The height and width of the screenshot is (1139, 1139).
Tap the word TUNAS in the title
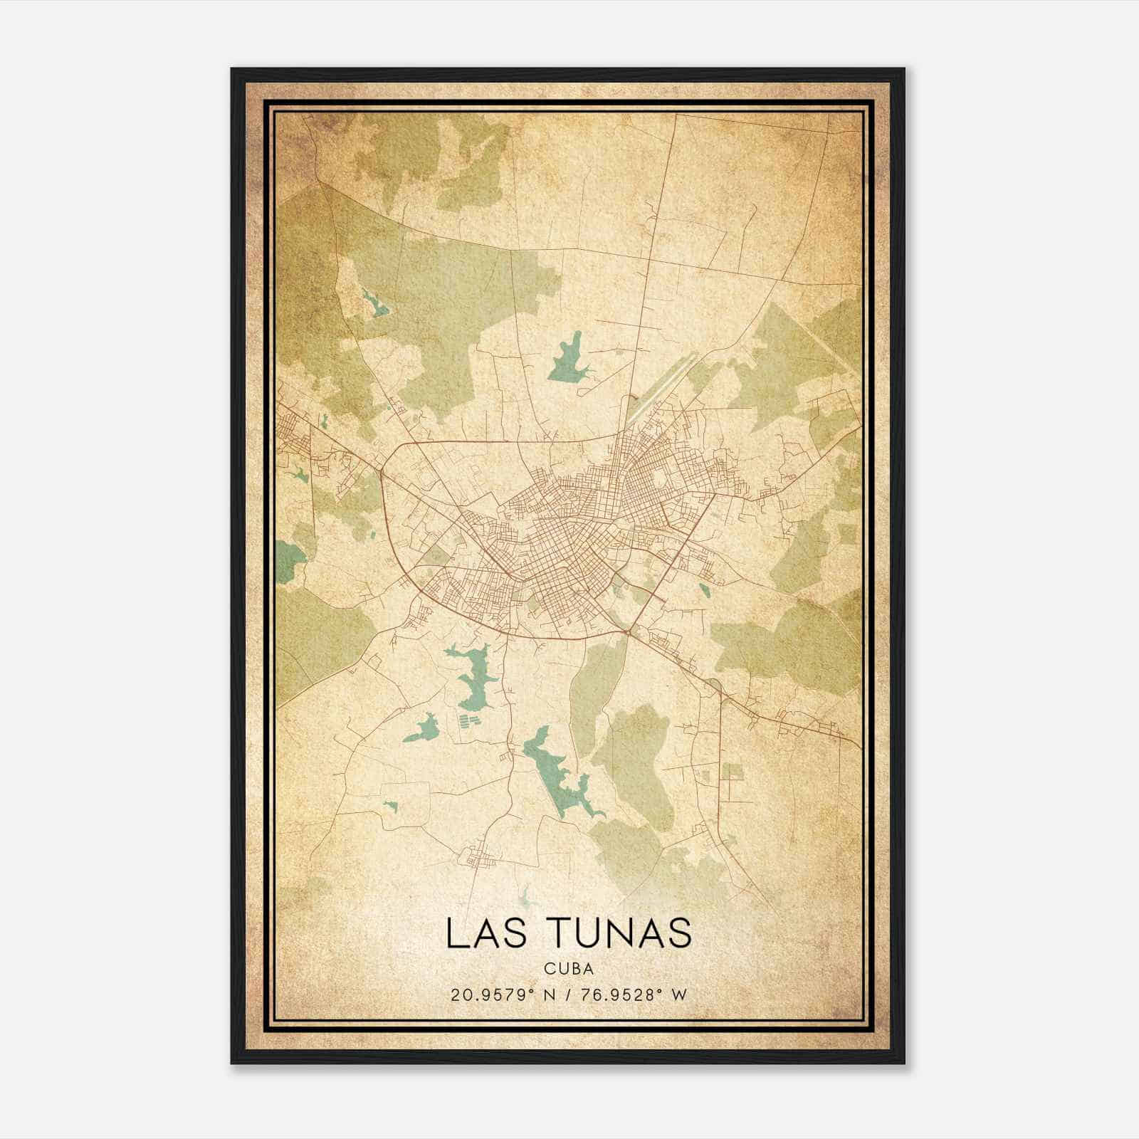point(621,933)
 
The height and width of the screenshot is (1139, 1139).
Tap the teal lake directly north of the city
point(567,360)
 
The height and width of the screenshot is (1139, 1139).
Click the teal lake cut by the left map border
point(288,558)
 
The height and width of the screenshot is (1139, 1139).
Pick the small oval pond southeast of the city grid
point(704,590)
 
